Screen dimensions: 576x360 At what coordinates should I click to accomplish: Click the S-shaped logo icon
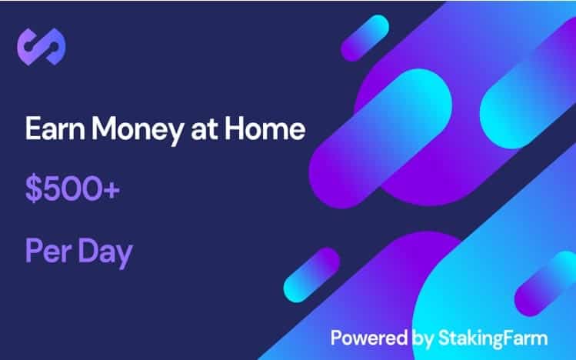pyautogui.click(x=42, y=47)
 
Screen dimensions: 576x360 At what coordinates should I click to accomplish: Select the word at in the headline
pyautogui.click(x=204, y=130)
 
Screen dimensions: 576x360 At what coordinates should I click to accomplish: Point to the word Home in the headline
pyautogui.click(x=265, y=128)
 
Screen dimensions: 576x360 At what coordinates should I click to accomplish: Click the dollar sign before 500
pyautogui.click(x=34, y=189)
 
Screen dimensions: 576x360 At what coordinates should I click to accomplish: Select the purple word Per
pyautogui.click(x=48, y=251)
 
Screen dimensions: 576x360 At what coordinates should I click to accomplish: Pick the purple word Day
pyautogui.click(x=105, y=254)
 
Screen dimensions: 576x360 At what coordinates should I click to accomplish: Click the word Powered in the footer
pyautogui.click(x=369, y=338)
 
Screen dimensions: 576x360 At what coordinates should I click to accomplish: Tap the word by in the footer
pyautogui.click(x=423, y=339)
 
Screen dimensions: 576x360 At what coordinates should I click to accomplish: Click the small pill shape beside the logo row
pyautogui.click(x=365, y=38)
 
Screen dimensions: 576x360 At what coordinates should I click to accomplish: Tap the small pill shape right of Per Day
pyautogui.click(x=311, y=275)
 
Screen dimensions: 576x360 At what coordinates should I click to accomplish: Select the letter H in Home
pyautogui.click(x=234, y=128)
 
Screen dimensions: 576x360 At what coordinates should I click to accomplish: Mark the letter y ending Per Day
pyautogui.click(x=125, y=256)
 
